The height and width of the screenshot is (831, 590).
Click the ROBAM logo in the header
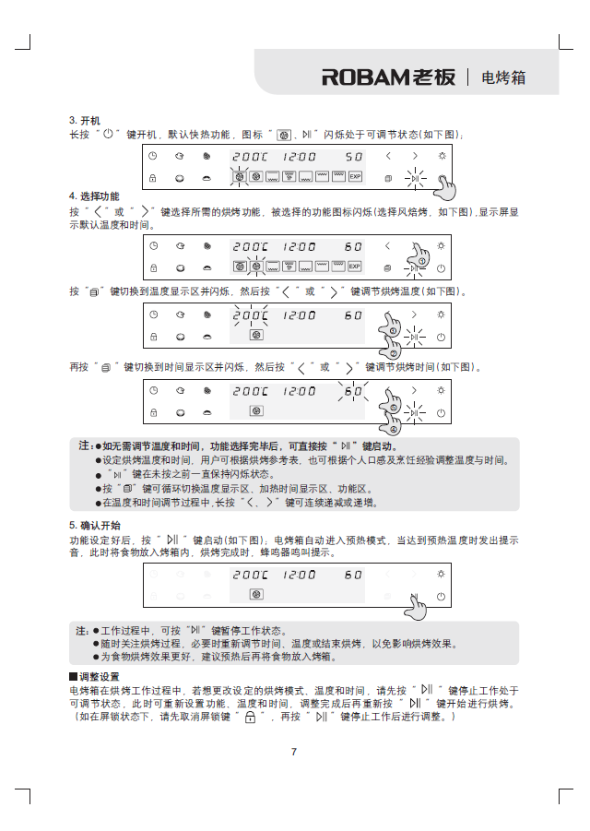[x=388, y=77]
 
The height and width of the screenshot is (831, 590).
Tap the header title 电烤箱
[x=503, y=77]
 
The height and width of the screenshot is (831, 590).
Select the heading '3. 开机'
[x=84, y=121]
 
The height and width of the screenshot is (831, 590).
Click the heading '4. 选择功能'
[x=93, y=196]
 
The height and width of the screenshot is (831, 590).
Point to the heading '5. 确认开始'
[x=93, y=524]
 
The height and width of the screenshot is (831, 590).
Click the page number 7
[x=294, y=752]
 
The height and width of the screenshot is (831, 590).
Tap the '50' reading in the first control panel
[x=353, y=157]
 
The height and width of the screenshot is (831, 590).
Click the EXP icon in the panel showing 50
[x=355, y=176]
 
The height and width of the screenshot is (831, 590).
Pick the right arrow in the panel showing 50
[x=416, y=156]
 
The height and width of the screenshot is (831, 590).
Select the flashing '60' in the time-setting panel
[x=353, y=391]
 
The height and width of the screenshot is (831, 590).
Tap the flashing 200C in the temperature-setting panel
[x=250, y=315]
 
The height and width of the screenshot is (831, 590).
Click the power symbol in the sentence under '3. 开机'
[x=108, y=135]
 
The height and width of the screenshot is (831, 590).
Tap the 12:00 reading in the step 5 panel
[x=300, y=575]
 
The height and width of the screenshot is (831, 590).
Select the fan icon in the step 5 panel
[x=257, y=594]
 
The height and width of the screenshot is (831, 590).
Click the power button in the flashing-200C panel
[x=442, y=337]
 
